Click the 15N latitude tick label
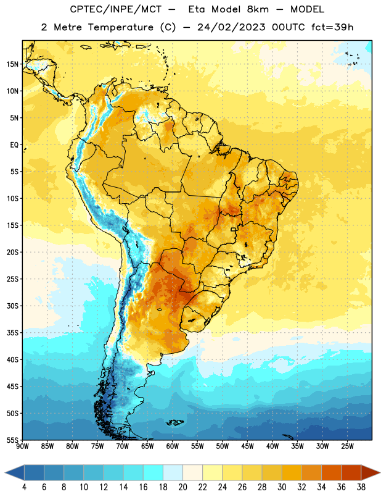[12, 64]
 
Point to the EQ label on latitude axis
[14, 145]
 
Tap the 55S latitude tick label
[12, 440]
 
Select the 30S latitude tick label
[12, 306]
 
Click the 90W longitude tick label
[23, 446]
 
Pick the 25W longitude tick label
[347, 446]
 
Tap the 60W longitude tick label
[173, 446]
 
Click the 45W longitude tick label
[248, 446]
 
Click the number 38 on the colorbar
[361, 487]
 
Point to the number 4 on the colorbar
[24, 487]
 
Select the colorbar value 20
[182, 487]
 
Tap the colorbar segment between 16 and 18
[154, 472]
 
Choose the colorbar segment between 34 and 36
[332, 472]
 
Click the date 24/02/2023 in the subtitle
[231, 27]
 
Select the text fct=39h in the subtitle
[332, 27]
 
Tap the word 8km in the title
[258, 9]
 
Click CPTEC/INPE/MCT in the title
[116, 9]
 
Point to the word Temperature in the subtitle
[120, 28]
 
